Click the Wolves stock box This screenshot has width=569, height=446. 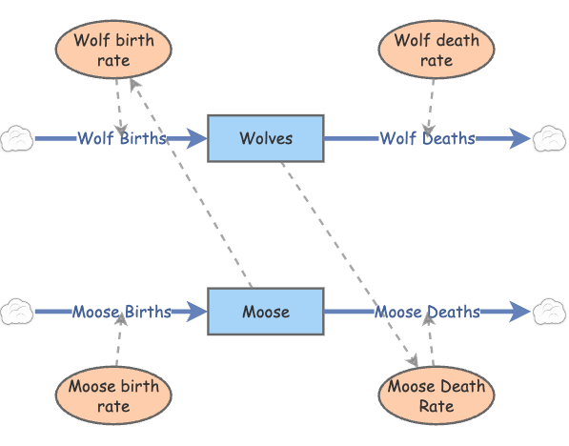click(x=266, y=138)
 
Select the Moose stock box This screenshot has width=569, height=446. click(x=266, y=312)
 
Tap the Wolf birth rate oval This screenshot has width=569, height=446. click(x=113, y=51)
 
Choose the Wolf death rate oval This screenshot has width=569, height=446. click(x=437, y=51)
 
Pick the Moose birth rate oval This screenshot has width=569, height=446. click(x=113, y=394)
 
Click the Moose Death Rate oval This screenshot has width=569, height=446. click(x=437, y=395)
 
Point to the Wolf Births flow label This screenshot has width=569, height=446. click(x=122, y=138)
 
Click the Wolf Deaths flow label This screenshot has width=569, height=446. click(x=427, y=138)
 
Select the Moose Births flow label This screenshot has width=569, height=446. click(x=122, y=312)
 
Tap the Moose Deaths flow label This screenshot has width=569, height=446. click(x=427, y=312)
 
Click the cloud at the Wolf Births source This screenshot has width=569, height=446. click(x=16, y=138)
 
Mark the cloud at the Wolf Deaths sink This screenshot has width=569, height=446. click(x=550, y=138)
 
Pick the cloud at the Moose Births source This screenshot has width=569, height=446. click(x=16, y=312)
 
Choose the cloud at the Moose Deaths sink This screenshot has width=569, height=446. click(x=550, y=312)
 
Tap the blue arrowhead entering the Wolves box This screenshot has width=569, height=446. click(x=197, y=139)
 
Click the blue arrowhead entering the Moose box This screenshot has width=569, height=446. click(x=197, y=312)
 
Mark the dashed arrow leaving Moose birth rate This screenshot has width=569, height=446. click(x=118, y=343)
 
